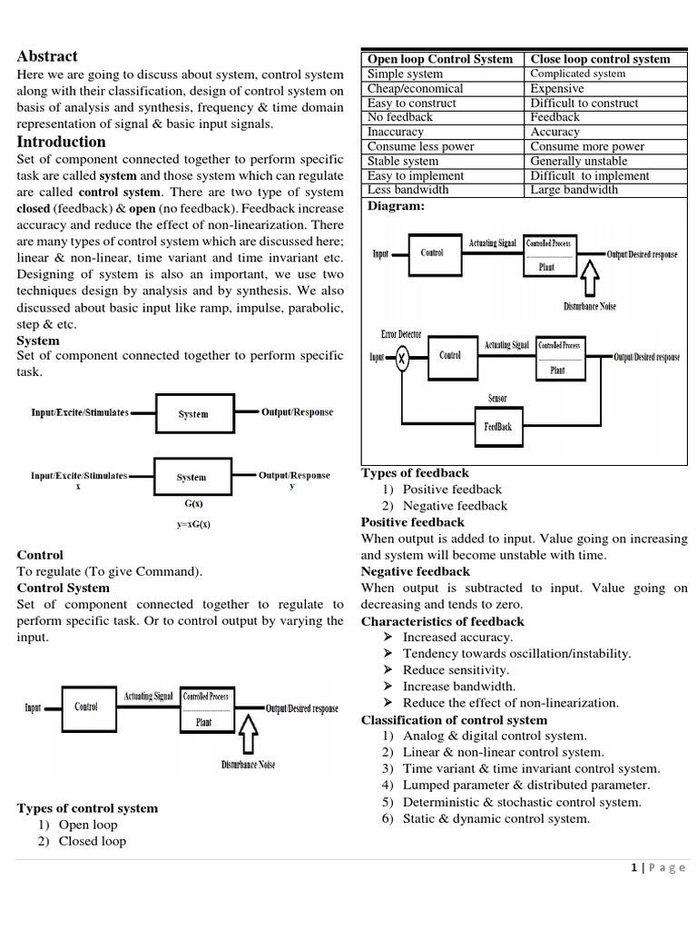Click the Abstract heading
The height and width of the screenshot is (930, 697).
(x=47, y=56)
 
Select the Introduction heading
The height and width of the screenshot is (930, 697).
(x=61, y=142)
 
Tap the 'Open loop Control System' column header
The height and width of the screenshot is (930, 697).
(x=439, y=59)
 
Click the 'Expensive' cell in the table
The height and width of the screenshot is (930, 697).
(x=556, y=88)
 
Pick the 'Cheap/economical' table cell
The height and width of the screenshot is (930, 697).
(x=415, y=88)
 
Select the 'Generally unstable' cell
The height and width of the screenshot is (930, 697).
(x=578, y=161)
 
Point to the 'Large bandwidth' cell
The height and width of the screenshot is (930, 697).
(x=574, y=190)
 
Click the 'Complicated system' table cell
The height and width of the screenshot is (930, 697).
(x=577, y=74)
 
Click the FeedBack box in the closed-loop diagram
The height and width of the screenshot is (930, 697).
(x=497, y=426)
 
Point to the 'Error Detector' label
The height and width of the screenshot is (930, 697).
(x=400, y=335)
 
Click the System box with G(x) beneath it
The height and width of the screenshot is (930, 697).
(x=191, y=477)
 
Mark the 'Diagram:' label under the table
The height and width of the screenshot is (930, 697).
(x=395, y=206)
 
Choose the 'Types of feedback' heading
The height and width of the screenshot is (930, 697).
(x=415, y=473)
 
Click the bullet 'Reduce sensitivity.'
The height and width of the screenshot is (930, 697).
(x=456, y=670)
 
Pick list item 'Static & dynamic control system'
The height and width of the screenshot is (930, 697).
(x=496, y=818)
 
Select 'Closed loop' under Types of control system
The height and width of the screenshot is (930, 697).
(x=92, y=841)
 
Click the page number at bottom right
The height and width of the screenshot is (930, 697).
(x=658, y=868)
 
